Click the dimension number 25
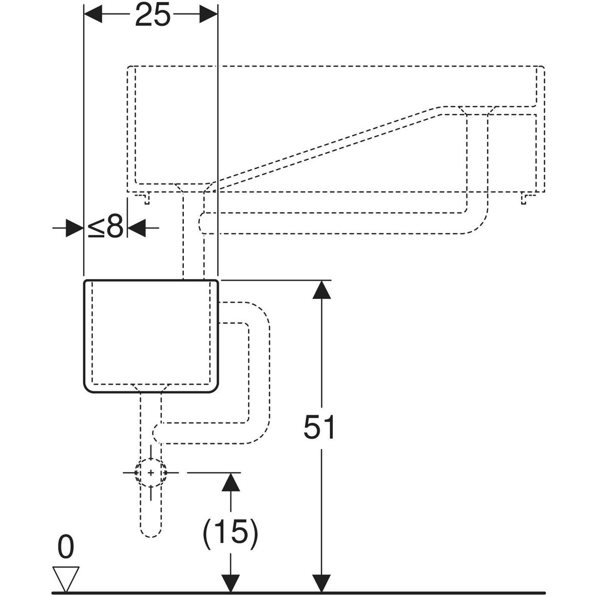[152, 15]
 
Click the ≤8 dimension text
[105, 228]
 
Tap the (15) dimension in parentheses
[230, 532]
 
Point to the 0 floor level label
[66, 547]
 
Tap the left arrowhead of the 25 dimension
[92, 15]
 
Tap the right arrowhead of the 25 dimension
[209, 15]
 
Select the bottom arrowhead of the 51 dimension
[322, 583]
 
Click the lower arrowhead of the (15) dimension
[230, 583]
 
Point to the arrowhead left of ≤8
[74, 228]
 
